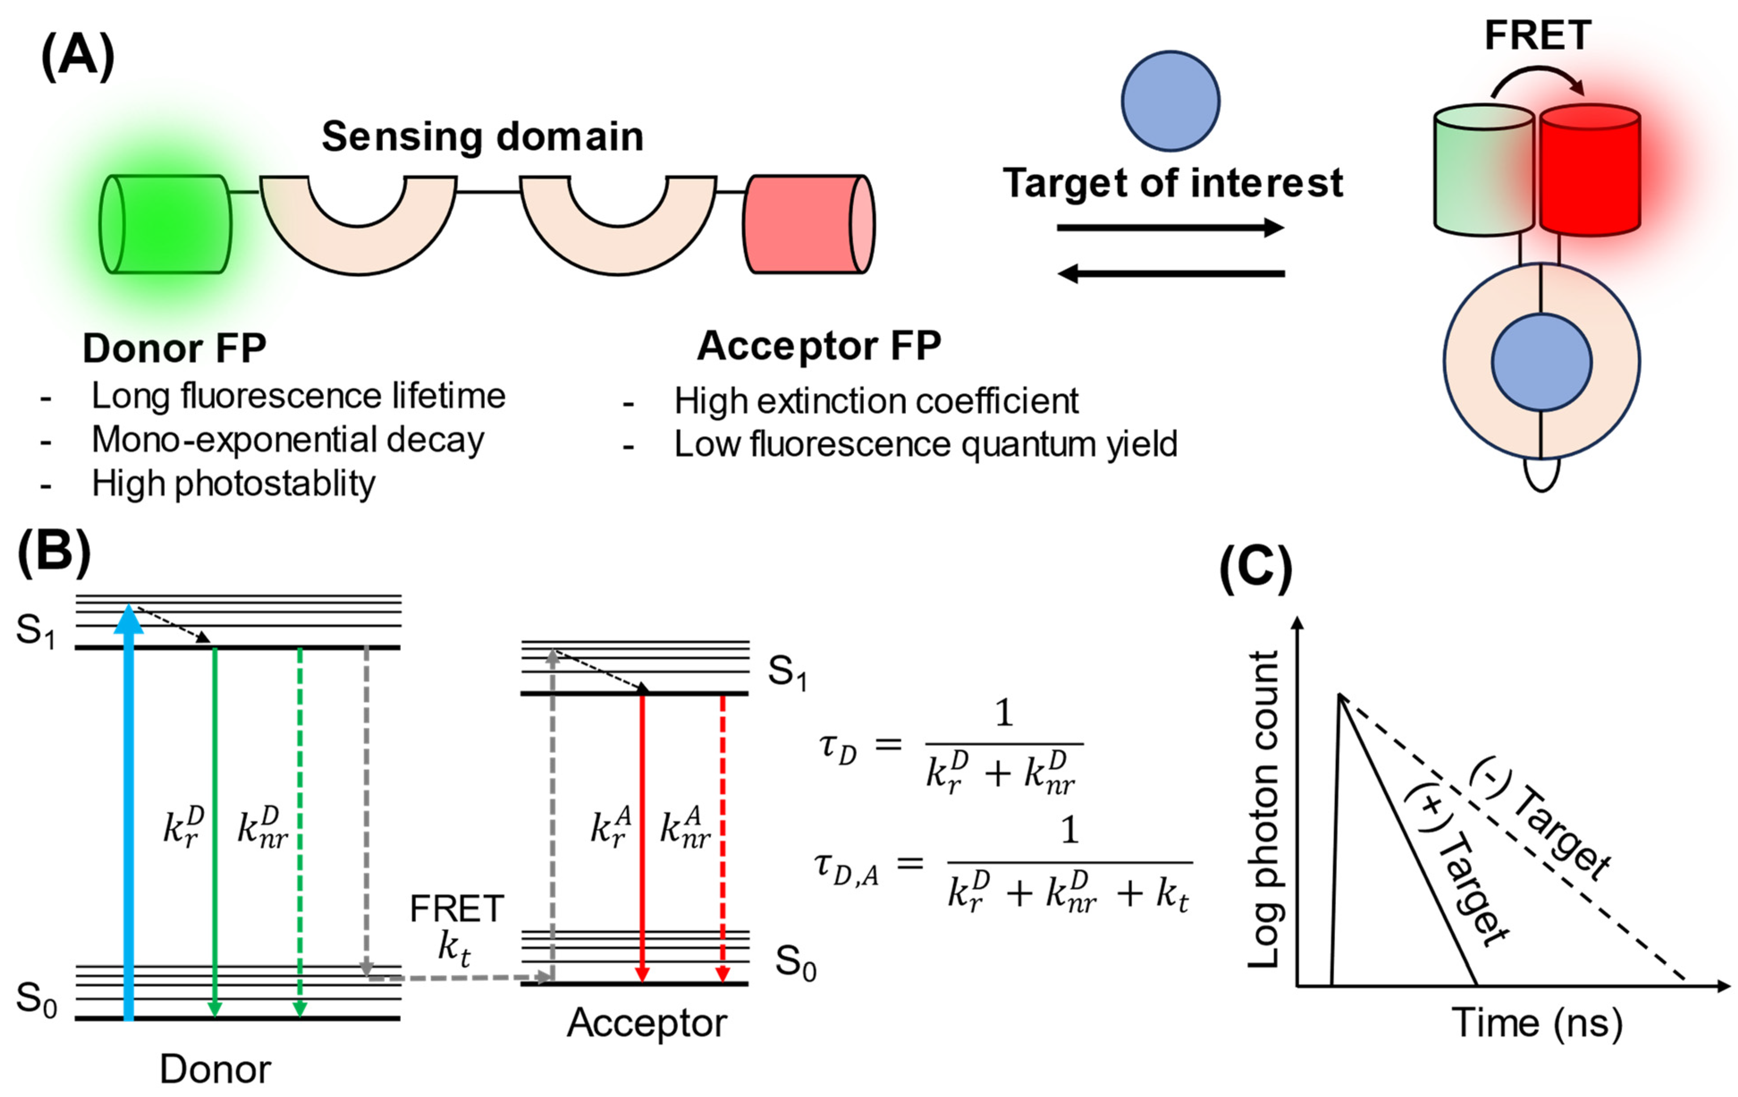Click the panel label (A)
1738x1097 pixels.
(x=77, y=57)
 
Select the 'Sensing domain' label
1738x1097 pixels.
(x=482, y=136)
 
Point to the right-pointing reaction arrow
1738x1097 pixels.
(x=1169, y=228)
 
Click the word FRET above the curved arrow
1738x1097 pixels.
(x=1537, y=35)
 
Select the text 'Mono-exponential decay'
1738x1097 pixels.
(x=287, y=440)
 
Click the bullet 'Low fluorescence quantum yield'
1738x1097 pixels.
(x=925, y=444)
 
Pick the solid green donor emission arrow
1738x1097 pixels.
(x=215, y=830)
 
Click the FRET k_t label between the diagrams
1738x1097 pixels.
(x=456, y=927)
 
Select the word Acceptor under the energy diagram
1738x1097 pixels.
(x=647, y=1023)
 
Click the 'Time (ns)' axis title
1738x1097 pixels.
(x=1537, y=1023)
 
